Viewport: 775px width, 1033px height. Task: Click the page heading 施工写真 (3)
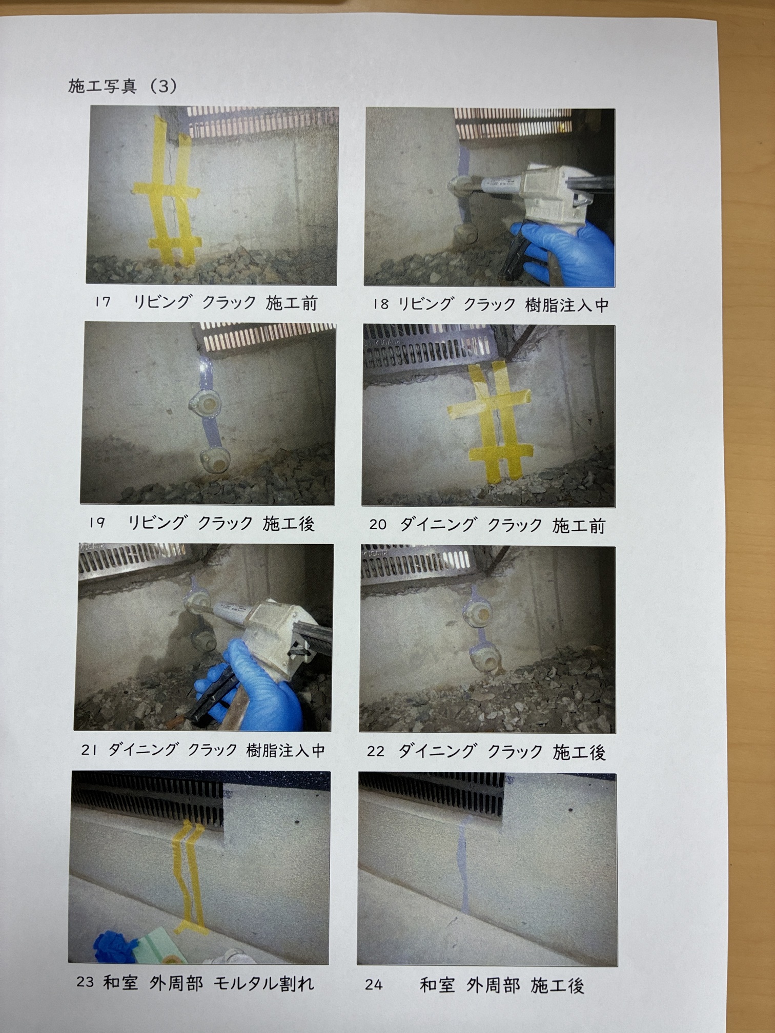pyautogui.click(x=123, y=86)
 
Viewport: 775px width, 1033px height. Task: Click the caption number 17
pyautogui.click(x=103, y=302)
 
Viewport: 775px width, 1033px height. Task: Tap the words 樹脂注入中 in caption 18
pyautogui.click(x=567, y=305)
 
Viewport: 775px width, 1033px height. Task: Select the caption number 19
pyautogui.click(x=96, y=523)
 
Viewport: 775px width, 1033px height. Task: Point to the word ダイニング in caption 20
pyautogui.click(x=438, y=525)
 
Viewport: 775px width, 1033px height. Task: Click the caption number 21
pyautogui.click(x=89, y=750)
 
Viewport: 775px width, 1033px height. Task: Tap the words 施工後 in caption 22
pyautogui.click(x=579, y=752)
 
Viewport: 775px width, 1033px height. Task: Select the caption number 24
pyautogui.click(x=374, y=985)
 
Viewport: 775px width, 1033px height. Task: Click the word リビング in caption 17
pyautogui.click(x=162, y=302)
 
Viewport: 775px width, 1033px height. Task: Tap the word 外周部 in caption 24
pyautogui.click(x=493, y=985)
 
